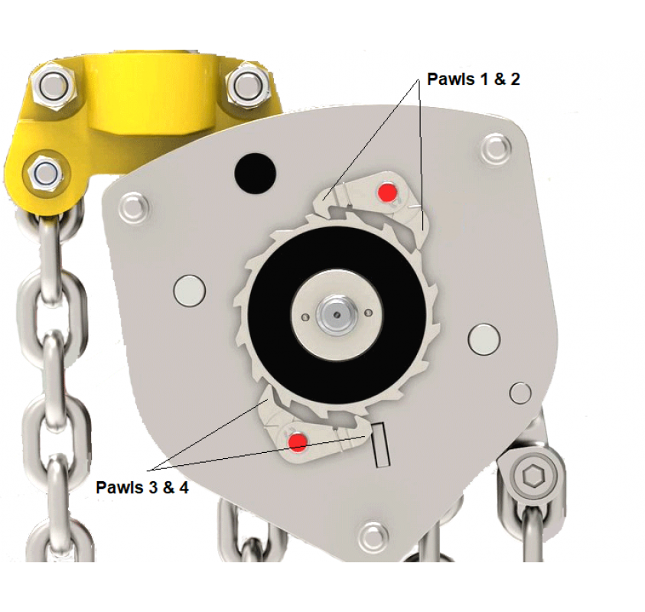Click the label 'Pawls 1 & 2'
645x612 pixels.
tap(473, 79)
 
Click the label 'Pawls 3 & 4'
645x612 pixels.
tap(142, 487)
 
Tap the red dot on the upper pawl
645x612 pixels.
tap(387, 193)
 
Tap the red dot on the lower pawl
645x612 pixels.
tap(297, 442)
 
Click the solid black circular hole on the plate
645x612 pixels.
tap(256, 174)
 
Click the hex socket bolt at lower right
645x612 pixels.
tap(533, 477)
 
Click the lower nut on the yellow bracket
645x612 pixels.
tap(45, 173)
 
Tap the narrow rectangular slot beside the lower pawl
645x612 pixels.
tap(380, 444)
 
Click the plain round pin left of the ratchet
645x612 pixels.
tap(189, 291)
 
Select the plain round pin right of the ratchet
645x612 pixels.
tap(484, 340)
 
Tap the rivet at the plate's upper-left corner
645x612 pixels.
tap(133, 208)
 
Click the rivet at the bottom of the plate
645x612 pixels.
tap(373, 537)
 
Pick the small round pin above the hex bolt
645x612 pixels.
tap(520, 392)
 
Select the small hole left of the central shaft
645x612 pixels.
tap(305, 317)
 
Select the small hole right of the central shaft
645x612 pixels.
tap(369, 314)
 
